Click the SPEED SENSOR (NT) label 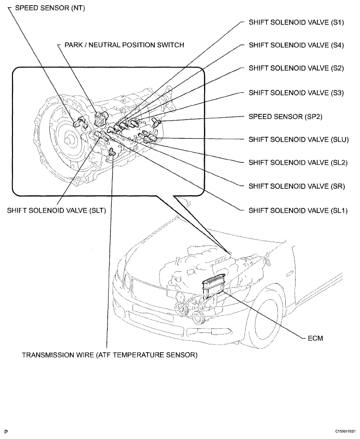(x=50, y=8)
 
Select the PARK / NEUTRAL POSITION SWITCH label (x=124, y=45)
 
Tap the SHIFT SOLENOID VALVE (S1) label (x=296, y=22)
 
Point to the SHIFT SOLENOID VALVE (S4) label (x=296, y=45)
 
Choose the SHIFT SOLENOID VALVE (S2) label (x=296, y=68)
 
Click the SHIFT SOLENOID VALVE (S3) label (x=296, y=92)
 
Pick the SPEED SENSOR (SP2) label (x=286, y=116)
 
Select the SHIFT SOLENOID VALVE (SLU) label (x=299, y=139)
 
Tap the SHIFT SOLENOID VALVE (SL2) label (x=298, y=163)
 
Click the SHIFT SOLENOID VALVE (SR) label (x=297, y=186)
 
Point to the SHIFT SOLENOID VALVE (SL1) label (x=298, y=210)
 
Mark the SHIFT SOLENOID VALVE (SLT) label (x=57, y=210)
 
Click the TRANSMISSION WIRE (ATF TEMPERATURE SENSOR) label (x=110, y=355)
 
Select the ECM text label (x=315, y=338)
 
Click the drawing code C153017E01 (x=345, y=432)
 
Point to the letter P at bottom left (x=6, y=432)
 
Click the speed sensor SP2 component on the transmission (x=156, y=121)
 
